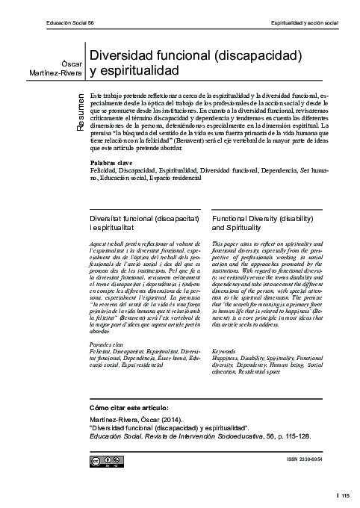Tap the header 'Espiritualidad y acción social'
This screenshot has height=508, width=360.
[304, 24]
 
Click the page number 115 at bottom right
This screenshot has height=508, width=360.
[346, 495]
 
